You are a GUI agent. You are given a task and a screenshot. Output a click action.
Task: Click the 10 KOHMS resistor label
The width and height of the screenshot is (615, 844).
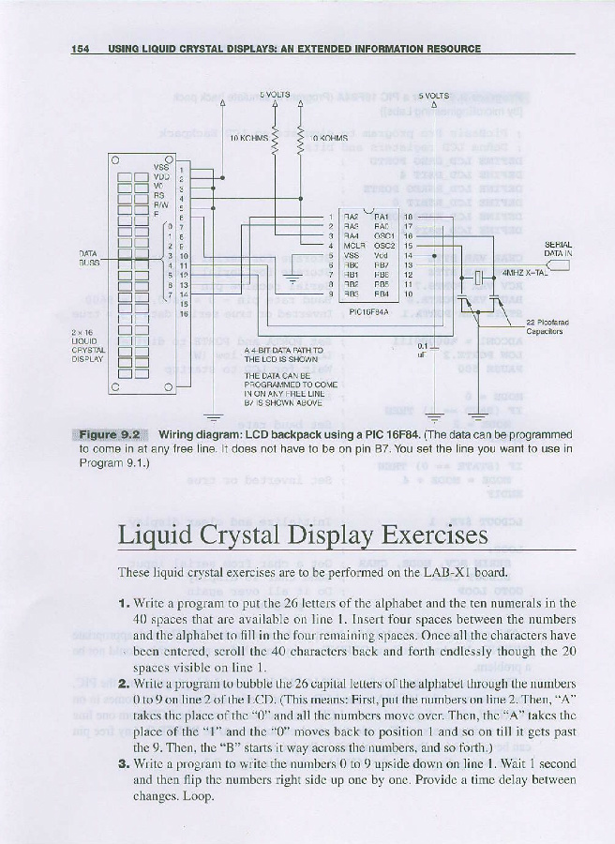[x=248, y=137]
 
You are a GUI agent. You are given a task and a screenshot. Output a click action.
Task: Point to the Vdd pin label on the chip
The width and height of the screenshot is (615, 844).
[x=382, y=255]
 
